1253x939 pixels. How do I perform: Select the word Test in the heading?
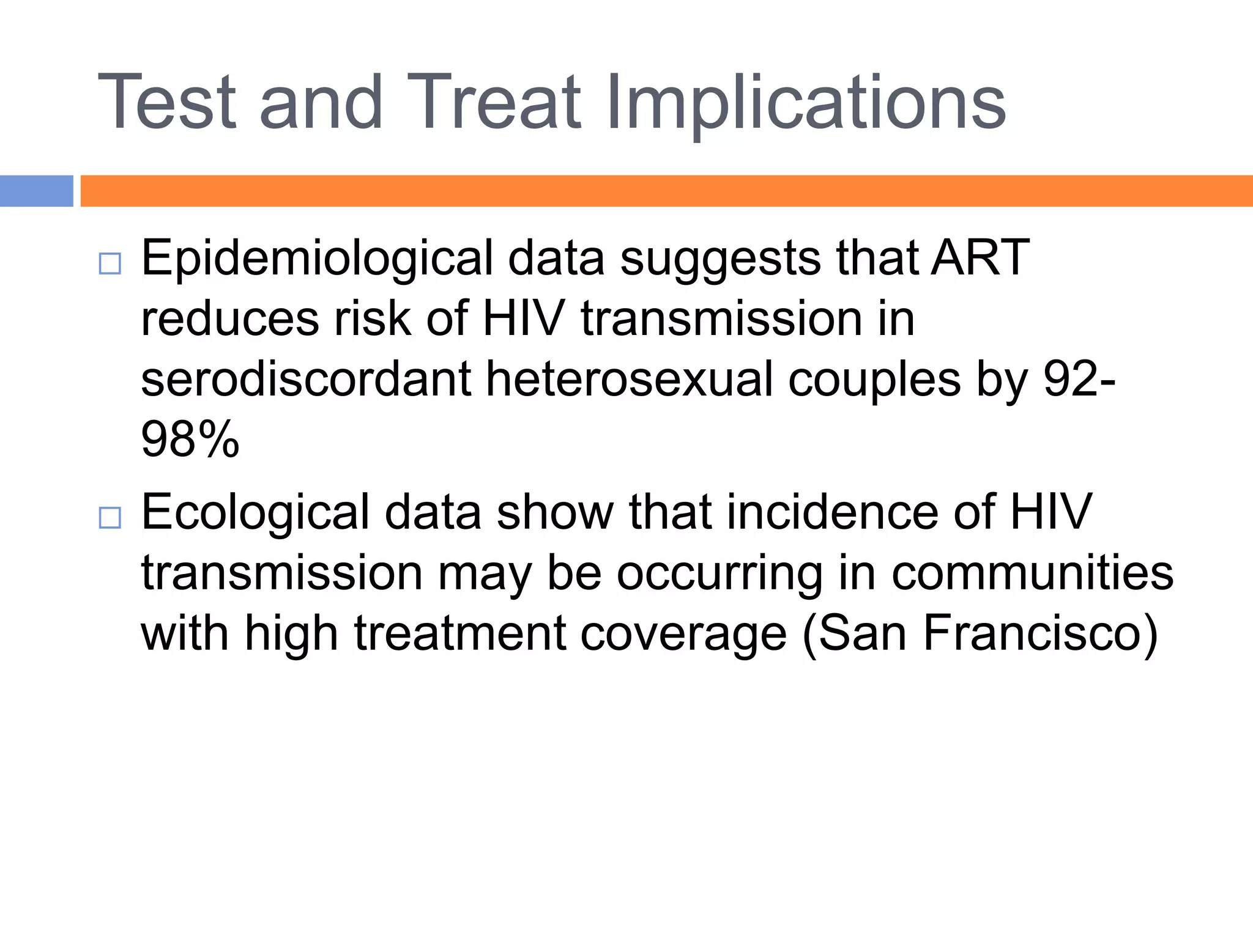166,103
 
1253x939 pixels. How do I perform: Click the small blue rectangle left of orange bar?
36,191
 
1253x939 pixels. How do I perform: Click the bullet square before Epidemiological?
110,264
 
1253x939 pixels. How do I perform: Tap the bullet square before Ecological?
110,518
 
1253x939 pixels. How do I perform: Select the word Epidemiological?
316,259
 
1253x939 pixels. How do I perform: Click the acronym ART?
980,258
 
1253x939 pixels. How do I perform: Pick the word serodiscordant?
306,379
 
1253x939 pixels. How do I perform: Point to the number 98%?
190,439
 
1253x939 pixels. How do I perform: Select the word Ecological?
255,512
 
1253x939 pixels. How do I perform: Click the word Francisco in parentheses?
1040,633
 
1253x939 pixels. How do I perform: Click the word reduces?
230,319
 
